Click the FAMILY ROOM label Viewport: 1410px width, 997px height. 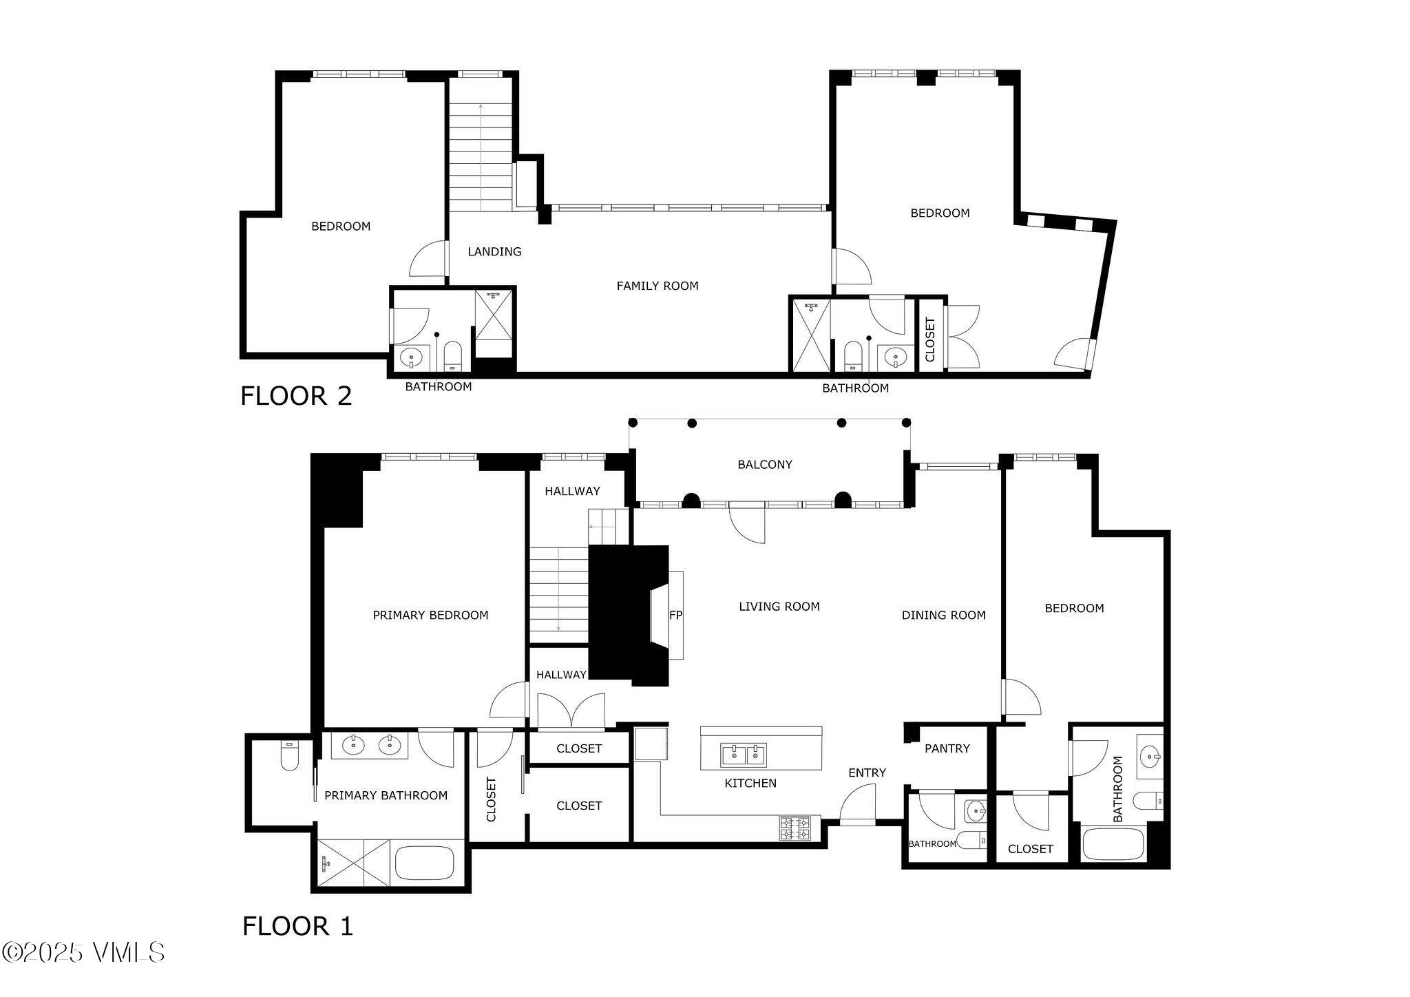(x=657, y=286)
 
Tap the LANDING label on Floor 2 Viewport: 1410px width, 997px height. (x=494, y=252)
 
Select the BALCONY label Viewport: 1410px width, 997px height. (x=764, y=465)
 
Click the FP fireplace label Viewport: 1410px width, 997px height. (x=675, y=615)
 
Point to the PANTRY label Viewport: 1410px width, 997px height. (x=947, y=748)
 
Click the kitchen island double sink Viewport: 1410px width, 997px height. (x=744, y=755)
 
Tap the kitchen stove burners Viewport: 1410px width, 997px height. (x=795, y=828)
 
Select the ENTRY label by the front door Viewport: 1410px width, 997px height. (x=867, y=773)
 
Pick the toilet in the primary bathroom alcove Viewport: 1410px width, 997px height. (x=289, y=756)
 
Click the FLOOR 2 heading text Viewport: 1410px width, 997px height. (x=296, y=396)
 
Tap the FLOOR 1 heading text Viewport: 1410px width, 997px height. (x=297, y=926)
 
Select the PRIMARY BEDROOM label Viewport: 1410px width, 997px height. (x=430, y=616)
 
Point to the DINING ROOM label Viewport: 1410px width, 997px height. (x=943, y=616)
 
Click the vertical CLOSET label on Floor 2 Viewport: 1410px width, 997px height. (x=930, y=339)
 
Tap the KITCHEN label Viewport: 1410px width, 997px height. (x=750, y=784)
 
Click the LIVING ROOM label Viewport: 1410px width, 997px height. (x=779, y=607)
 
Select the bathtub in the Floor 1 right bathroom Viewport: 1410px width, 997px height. (x=1113, y=844)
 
